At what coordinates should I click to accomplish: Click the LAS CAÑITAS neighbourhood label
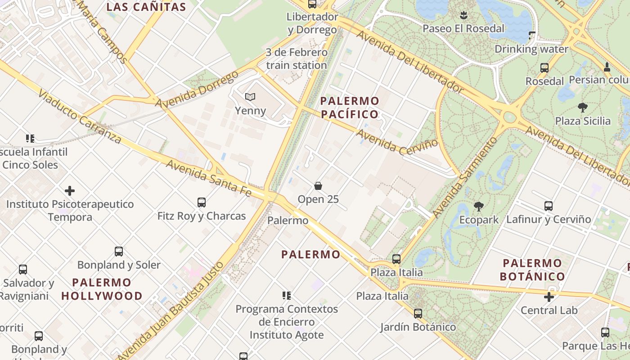point(146,7)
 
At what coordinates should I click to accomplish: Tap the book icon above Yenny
point(250,97)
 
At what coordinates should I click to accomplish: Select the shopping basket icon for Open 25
point(318,186)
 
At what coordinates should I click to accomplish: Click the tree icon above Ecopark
point(479,207)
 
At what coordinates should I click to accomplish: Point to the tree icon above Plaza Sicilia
point(583,108)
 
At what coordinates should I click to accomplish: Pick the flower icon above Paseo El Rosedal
point(463,15)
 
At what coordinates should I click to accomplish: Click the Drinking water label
point(531,49)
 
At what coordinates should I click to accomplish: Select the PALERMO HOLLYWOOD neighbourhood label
point(102,289)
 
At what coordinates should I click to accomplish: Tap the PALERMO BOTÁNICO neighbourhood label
point(532,270)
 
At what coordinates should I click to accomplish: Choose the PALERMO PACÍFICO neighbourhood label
point(350,107)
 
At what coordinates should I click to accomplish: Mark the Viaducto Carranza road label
point(80,116)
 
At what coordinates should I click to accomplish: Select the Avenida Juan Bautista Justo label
point(171,310)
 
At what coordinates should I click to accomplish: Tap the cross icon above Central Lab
point(549,297)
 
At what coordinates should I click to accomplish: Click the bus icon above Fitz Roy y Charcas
point(202,202)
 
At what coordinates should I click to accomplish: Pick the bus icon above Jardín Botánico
point(418,314)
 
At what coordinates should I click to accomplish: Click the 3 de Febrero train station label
point(297,59)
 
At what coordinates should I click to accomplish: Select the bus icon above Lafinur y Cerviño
point(549,206)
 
